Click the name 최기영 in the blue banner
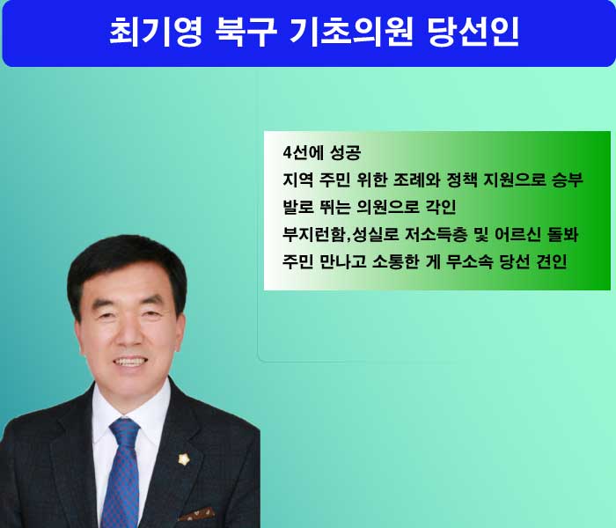click(155, 32)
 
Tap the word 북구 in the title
click(246, 32)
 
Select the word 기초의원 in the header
click(351, 32)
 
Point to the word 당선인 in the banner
click(473, 32)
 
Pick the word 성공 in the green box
click(346, 152)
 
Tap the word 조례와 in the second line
click(416, 180)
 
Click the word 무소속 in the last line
click(469, 261)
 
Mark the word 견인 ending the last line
click(552, 261)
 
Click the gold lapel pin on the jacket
click(184, 459)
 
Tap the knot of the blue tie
click(125, 433)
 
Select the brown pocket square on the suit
click(197, 514)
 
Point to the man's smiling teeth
click(129, 362)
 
